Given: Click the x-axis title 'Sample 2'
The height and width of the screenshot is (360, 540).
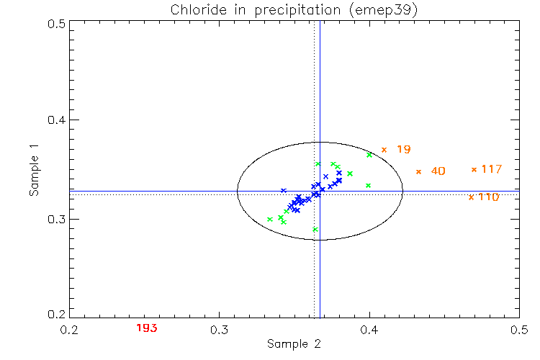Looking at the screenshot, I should click(293, 344).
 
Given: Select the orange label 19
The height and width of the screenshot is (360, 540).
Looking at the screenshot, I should click(403, 150).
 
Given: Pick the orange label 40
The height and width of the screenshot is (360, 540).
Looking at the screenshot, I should click(438, 171).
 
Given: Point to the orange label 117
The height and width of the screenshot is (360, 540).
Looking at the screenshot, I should click(491, 169).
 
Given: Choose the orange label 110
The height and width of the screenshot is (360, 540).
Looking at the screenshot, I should click(488, 197).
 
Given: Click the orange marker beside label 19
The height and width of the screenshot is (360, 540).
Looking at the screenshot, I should click(384, 150).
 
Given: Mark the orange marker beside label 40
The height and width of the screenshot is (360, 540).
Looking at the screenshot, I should click(418, 171).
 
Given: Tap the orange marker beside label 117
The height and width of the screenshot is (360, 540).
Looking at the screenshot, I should click(474, 169).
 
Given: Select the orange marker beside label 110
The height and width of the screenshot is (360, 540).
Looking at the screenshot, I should click(471, 197).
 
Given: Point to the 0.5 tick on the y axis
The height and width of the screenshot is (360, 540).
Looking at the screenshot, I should click(58, 23).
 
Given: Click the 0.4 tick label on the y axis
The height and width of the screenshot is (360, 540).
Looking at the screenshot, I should click(58, 120).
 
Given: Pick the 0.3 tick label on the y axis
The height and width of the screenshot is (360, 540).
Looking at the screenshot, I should click(58, 218).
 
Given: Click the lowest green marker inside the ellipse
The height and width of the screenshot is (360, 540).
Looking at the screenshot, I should click(315, 230).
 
